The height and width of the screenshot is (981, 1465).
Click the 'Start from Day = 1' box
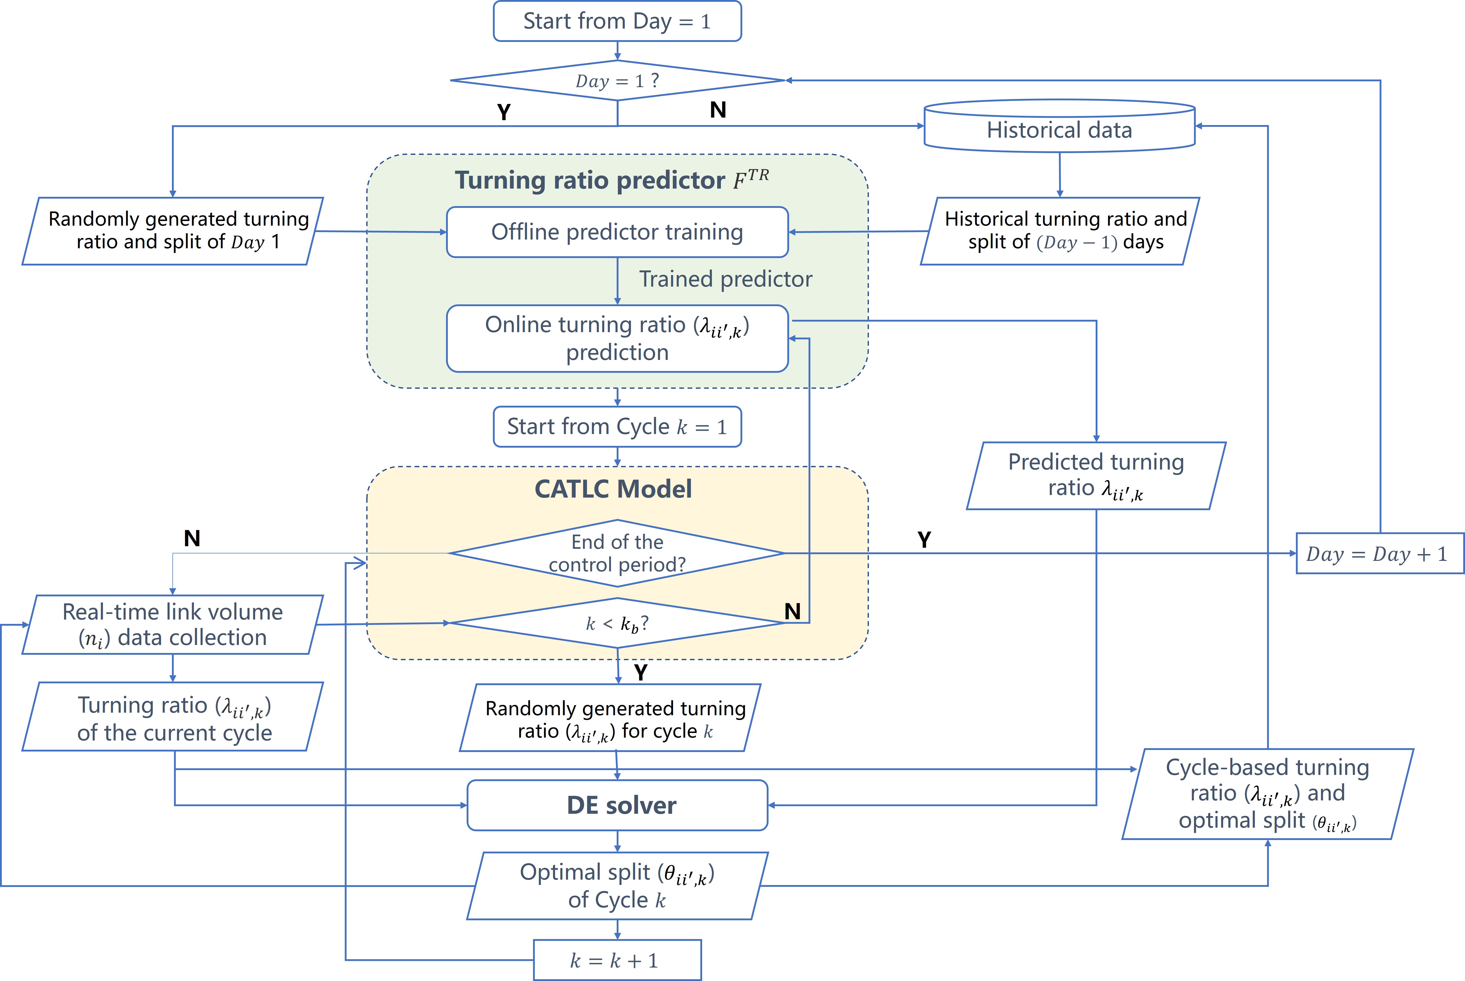[x=617, y=21]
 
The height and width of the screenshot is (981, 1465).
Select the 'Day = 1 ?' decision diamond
[x=617, y=81]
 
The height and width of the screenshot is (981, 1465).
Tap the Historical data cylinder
[x=1059, y=126]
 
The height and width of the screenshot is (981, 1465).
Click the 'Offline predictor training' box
[x=617, y=232]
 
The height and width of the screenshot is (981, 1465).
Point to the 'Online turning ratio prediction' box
[x=617, y=339]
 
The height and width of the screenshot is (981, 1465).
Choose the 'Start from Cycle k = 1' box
[x=617, y=427]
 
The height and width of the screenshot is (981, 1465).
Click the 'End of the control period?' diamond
[x=617, y=553]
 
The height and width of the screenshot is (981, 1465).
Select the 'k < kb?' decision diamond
[x=617, y=623]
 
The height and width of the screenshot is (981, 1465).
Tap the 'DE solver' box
[x=617, y=805]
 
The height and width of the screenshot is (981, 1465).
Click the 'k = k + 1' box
[x=617, y=960]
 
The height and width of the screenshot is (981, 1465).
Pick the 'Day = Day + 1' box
[x=1380, y=553]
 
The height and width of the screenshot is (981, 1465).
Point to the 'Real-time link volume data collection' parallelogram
[x=173, y=624]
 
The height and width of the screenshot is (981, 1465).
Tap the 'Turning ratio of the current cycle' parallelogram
[x=173, y=716]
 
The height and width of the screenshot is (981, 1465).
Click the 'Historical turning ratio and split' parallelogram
[x=1059, y=231]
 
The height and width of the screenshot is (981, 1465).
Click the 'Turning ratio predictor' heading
[x=612, y=180]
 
